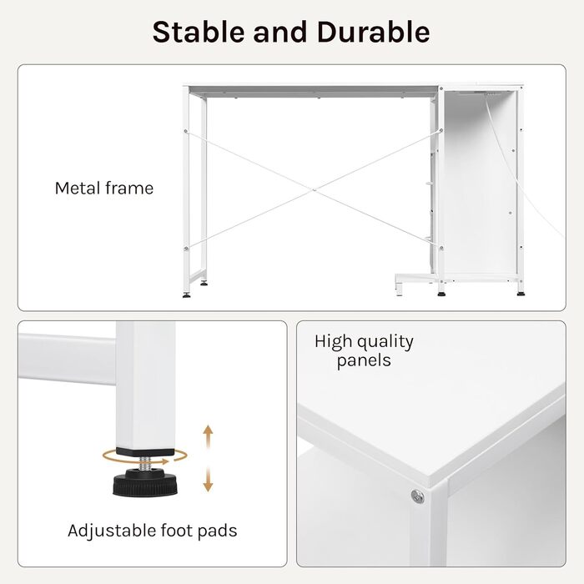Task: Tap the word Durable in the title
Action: pos(373,32)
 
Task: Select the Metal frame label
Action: pos(104,188)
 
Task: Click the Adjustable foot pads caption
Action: pos(153,531)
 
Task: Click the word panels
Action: pos(364,361)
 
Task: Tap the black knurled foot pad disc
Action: pos(145,484)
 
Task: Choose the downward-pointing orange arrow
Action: pos(208,480)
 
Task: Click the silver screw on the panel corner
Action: pos(417,496)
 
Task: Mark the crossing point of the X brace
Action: pos(314,190)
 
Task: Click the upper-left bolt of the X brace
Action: pos(186,131)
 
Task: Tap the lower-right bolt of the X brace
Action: pos(441,248)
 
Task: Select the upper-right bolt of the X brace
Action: pos(441,130)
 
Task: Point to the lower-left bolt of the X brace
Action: pos(186,249)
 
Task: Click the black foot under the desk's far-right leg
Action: pos(521,294)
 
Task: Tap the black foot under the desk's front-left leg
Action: pos(187,295)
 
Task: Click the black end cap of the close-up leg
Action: pos(145,452)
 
